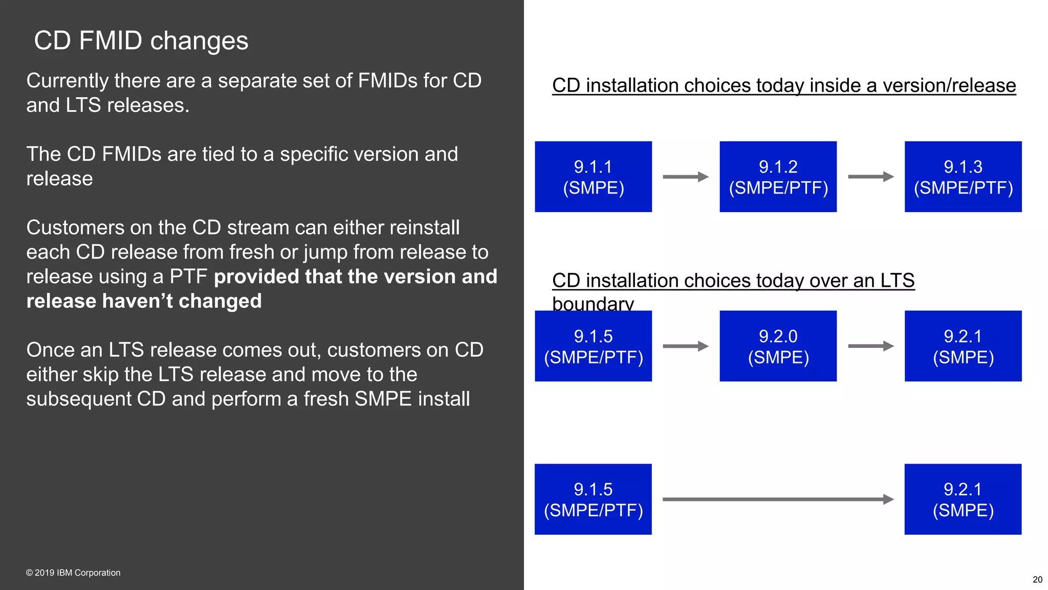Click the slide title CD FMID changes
pos(141,40)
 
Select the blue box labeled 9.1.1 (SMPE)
pos(593,177)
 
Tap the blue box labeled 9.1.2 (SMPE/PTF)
pos(778,177)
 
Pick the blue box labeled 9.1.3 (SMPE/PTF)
pos(963,177)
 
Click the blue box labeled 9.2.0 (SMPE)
pos(778,346)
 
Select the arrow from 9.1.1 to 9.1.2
pos(685,177)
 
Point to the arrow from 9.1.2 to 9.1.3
pos(870,177)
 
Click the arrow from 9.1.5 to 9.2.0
pos(685,346)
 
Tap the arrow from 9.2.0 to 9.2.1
pos(870,346)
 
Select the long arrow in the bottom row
pos(778,499)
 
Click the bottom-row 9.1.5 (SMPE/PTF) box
pos(593,499)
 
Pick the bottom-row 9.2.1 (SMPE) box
pos(963,499)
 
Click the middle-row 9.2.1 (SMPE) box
pos(963,346)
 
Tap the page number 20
pos(1037,580)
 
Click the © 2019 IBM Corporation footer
pos(73,573)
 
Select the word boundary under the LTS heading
pos(593,304)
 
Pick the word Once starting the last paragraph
pos(50,350)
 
